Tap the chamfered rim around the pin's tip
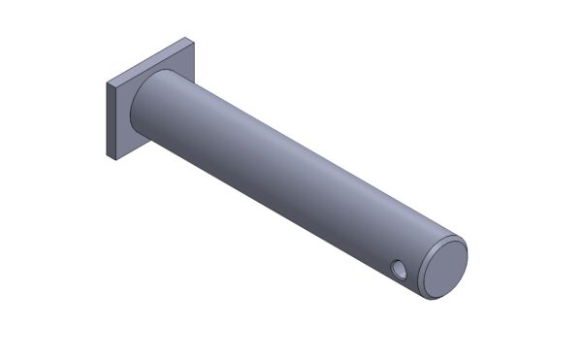[x=428, y=287]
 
